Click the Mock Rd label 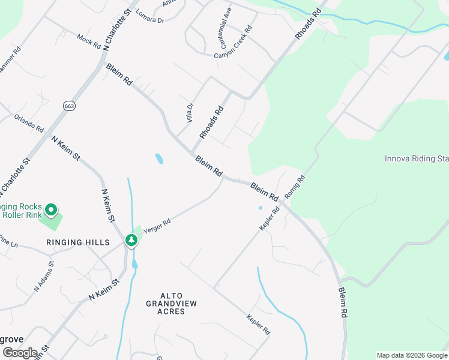pos(88,41)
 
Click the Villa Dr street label pos(190,113)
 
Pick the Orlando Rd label pos(29,123)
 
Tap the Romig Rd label pos(295,187)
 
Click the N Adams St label pos(44,275)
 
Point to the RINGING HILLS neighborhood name pos(79,242)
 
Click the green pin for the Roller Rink pos(51,211)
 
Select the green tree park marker pos(131,240)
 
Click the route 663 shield pos(70,106)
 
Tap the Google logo pos(20,353)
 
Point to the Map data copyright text pos(411,355)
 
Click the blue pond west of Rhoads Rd pos(159,159)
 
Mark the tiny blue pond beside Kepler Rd pos(260,208)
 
